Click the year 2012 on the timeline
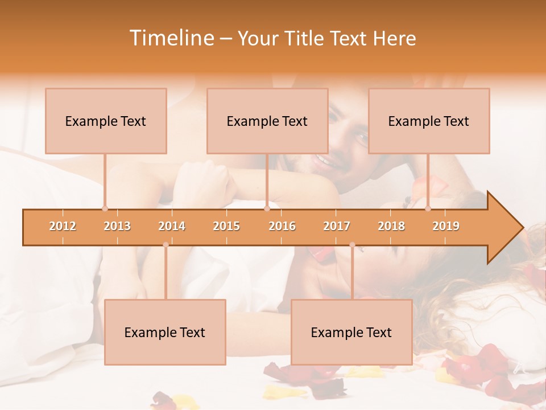63,226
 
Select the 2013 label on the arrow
117,226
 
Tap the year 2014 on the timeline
172,226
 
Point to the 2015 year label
226,226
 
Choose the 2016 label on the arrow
282,226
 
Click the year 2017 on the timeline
337,226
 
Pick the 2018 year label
391,226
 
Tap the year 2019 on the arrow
446,226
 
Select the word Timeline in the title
170,38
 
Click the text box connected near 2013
106,121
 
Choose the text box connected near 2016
267,121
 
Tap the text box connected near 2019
429,121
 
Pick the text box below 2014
165,332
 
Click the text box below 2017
351,332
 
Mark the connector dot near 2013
105,208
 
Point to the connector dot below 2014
166,245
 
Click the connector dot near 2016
267,208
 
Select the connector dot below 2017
352,245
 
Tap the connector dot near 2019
428,208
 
